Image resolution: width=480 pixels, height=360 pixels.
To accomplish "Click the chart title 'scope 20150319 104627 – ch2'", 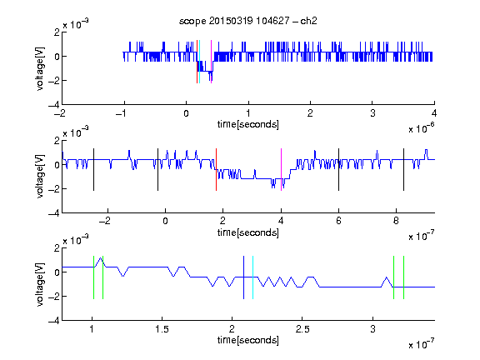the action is pyautogui.click(x=248, y=21).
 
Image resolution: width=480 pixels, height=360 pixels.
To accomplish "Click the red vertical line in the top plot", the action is pyautogui.click(x=197, y=62).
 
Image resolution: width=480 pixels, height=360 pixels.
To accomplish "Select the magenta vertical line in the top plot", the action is pyautogui.click(x=211, y=62).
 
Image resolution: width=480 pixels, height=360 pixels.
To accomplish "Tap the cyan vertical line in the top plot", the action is pyautogui.click(x=200, y=62).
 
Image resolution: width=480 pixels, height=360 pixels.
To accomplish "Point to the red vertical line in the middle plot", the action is pyautogui.click(x=216, y=170).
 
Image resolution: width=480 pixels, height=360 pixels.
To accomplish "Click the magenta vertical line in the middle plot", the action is pyautogui.click(x=281, y=170).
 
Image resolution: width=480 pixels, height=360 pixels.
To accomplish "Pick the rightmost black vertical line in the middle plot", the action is pyautogui.click(x=403, y=170).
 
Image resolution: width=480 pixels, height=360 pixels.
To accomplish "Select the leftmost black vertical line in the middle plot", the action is pyautogui.click(x=93, y=170).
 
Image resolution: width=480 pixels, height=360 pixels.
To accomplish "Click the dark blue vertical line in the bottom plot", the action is pyautogui.click(x=243, y=277).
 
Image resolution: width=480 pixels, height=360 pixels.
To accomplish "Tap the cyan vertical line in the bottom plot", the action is pyautogui.click(x=252, y=277).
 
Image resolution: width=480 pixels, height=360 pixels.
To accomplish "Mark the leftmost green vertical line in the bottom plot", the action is pyautogui.click(x=93, y=277).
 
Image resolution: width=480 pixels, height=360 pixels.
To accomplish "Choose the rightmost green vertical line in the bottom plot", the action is pyautogui.click(x=404, y=277).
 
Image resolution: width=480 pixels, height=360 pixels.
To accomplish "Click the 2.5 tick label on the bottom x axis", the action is pyautogui.click(x=302, y=329).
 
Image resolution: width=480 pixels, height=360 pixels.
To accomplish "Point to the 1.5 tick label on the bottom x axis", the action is pyautogui.click(x=162, y=329).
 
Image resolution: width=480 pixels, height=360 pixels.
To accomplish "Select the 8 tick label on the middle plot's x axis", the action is pyautogui.click(x=396, y=221).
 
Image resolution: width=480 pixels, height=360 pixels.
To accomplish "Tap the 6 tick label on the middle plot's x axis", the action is pyautogui.click(x=338, y=221).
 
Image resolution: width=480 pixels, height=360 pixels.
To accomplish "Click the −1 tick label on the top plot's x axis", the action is pyautogui.click(x=121, y=113).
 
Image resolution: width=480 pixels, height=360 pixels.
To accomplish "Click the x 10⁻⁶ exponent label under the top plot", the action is pyautogui.click(x=422, y=128).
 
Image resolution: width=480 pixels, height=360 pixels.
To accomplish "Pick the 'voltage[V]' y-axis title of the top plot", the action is pyautogui.click(x=40, y=69).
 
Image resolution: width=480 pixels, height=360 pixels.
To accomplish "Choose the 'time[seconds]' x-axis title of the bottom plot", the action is pyautogui.click(x=248, y=340).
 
